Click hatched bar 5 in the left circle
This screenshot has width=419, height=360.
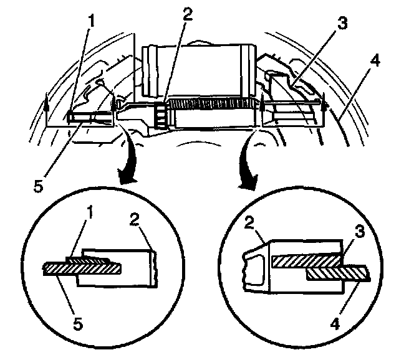click(x=81, y=268)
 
